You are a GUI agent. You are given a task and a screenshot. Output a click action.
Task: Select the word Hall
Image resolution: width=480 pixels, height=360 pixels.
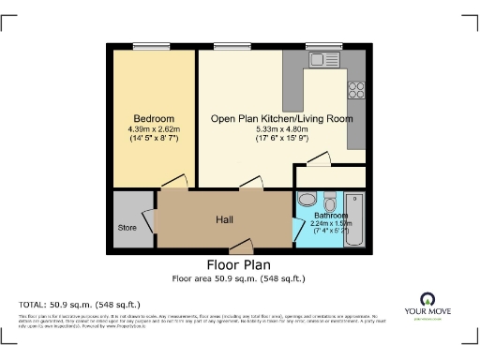(x=225, y=219)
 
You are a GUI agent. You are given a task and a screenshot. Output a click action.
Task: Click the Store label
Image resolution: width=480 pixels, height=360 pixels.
(x=127, y=226)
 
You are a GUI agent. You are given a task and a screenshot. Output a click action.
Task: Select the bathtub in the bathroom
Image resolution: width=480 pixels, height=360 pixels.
(x=355, y=219)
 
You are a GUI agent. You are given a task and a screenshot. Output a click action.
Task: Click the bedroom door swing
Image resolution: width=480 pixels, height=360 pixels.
(x=173, y=182)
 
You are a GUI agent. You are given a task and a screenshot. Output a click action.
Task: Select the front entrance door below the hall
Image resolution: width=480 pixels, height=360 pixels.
(x=240, y=247)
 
